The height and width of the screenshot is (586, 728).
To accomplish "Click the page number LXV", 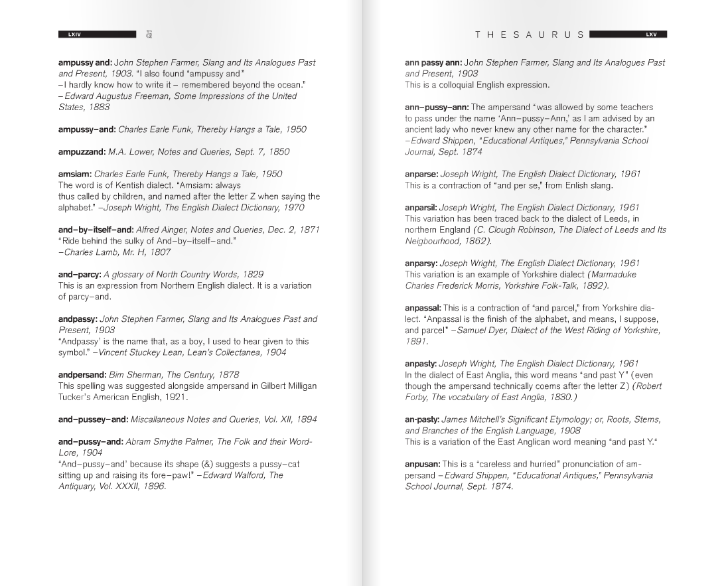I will pyautogui.click(x=650, y=35).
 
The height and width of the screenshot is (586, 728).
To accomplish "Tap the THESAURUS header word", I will pyautogui.click(x=530, y=35).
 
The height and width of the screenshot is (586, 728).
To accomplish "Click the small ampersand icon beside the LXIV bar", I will pyautogui.click(x=149, y=35).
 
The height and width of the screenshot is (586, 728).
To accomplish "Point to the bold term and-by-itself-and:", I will pyautogui.click(x=96, y=230).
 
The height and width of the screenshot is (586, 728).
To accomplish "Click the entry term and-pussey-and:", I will pyautogui.click(x=93, y=419).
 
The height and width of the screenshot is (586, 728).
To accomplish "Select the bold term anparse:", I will pyautogui.click(x=421, y=174).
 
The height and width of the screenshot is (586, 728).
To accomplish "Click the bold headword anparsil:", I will pyautogui.click(x=421, y=208).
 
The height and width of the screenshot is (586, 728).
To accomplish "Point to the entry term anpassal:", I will pyautogui.click(x=423, y=308).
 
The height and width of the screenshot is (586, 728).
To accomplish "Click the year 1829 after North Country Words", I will pyautogui.click(x=252, y=274).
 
